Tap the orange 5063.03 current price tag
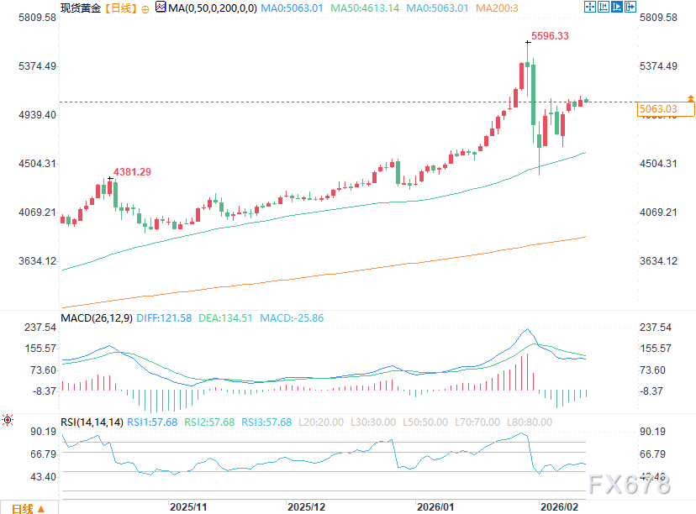pyautogui.click(x=658, y=109)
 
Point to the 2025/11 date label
pyautogui.click(x=188, y=507)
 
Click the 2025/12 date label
pyautogui.click(x=306, y=507)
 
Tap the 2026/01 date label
pyautogui.click(x=436, y=507)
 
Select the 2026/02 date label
pyautogui.click(x=558, y=507)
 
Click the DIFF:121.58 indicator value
pyautogui.click(x=165, y=318)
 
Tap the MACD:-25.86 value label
pyautogui.click(x=292, y=318)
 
